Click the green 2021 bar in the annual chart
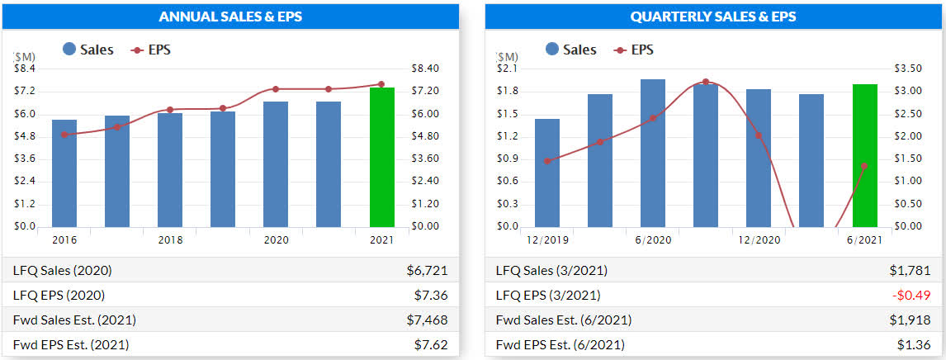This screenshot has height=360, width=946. point(381,157)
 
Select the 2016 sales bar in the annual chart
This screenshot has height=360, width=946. point(64,173)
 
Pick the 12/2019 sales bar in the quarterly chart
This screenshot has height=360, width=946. point(547,173)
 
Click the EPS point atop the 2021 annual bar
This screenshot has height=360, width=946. point(381,84)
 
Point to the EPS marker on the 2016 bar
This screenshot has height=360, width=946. point(64,135)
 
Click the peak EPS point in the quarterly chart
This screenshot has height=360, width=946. point(706,82)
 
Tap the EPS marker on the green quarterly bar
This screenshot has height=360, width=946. point(864,166)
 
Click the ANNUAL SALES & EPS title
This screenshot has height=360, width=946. point(229,17)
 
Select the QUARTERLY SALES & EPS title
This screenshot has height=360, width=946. point(712,17)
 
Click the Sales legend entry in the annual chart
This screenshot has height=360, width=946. point(88,50)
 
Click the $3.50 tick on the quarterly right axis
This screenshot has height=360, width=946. point(908,69)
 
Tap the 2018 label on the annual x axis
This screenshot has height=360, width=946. point(170,239)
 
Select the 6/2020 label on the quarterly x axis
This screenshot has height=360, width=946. point(653,239)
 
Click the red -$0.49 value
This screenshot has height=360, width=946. point(913,295)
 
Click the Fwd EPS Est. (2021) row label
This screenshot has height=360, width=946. point(71,344)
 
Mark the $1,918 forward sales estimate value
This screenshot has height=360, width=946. point(914,320)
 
